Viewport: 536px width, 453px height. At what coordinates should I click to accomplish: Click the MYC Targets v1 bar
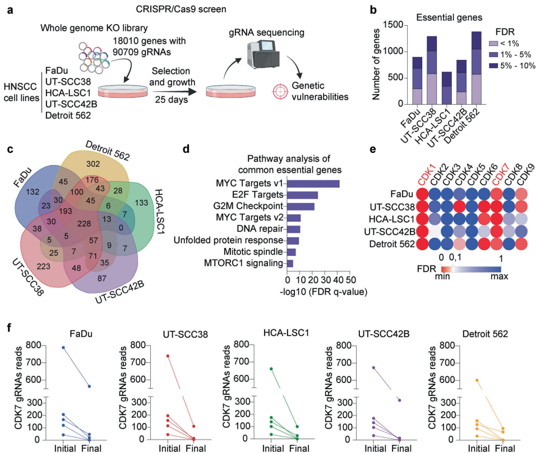pyautogui.click(x=313, y=183)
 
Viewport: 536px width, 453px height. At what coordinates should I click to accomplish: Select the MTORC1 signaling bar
pyautogui.click(x=290, y=263)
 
